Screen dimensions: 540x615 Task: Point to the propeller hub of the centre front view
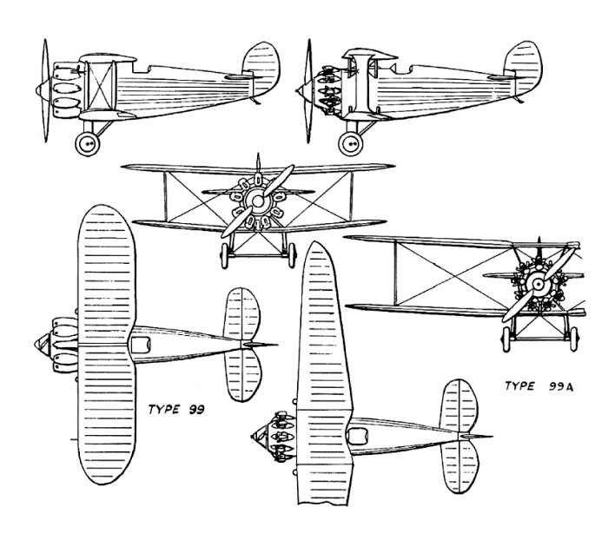258,202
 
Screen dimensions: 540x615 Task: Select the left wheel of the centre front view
225,253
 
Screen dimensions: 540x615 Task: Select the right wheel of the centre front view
292,253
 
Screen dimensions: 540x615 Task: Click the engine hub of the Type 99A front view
538,285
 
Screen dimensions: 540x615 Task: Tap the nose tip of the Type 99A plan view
251,431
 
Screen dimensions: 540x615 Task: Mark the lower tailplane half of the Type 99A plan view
461,469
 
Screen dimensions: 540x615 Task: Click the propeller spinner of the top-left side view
38,88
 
